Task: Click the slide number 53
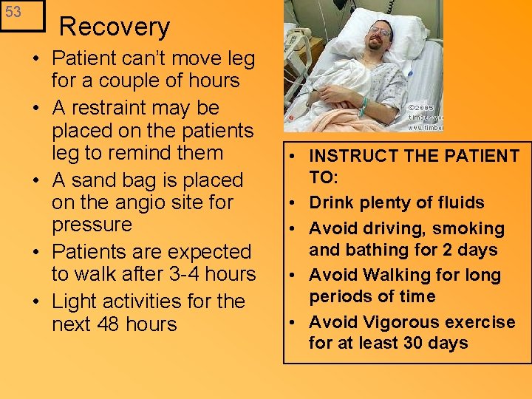(13, 13)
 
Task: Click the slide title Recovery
(115, 27)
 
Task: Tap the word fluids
(460, 203)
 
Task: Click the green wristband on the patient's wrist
(364, 106)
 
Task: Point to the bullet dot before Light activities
(37, 301)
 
